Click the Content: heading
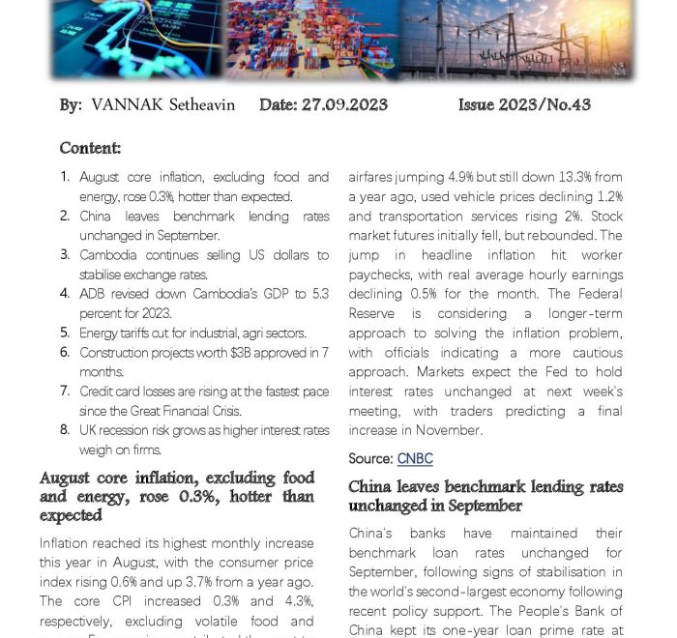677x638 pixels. click(x=90, y=148)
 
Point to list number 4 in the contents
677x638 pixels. click(x=65, y=294)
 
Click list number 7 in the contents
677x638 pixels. click(x=65, y=391)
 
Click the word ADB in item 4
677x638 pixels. click(x=93, y=294)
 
